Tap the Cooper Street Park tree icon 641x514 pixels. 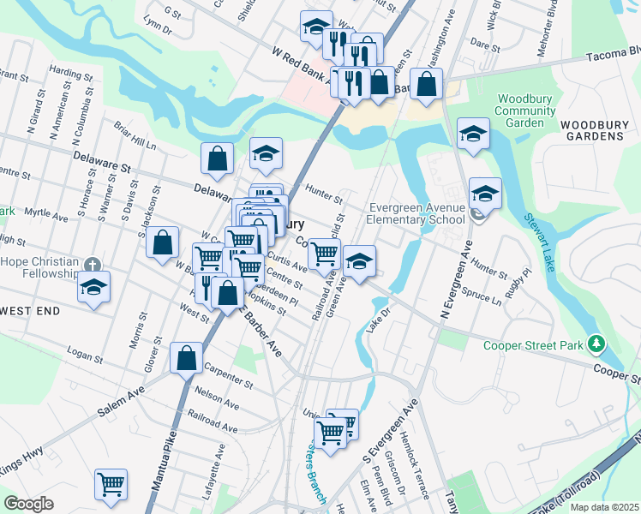(596, 346)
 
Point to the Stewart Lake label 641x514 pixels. (541, 243)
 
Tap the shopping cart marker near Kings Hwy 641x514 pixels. (111, 484)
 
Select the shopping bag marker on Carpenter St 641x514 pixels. (186, 358)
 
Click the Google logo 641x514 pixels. (28, 504)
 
